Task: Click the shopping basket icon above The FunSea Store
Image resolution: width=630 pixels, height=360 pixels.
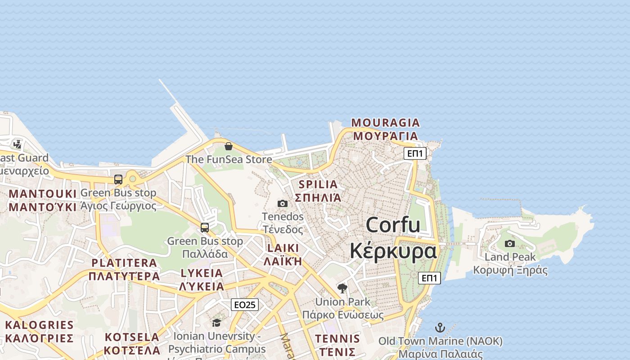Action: coord(228,146)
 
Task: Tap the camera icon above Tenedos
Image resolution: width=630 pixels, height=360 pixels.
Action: coord(283,203)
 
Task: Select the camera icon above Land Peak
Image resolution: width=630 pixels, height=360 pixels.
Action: coord(510,243)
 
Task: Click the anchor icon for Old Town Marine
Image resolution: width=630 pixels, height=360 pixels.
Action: coord(440,328)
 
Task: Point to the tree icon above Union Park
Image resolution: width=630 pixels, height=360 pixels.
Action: coord(342,288)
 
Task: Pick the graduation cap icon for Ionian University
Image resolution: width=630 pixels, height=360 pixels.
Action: coord(216,323)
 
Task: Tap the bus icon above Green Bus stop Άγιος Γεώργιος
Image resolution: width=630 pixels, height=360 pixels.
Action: coord(118,180)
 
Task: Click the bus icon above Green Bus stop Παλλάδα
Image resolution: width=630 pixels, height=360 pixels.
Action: coord(205,228)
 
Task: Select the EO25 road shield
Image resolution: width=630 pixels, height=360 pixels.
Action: coord(245,305)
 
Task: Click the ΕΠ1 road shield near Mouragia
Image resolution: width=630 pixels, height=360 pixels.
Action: coord(415,153)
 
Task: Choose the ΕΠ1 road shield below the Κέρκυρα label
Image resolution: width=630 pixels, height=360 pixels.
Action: coord(429,278)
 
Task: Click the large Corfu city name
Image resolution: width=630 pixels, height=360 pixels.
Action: coord(393,225)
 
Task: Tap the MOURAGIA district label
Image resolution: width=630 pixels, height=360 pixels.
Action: coord(385,122)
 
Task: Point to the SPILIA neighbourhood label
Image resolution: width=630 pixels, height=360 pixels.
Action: coord(318,184)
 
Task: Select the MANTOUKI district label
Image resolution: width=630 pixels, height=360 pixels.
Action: coord(43,194)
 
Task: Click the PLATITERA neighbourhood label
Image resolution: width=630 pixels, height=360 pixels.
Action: coord(124,263)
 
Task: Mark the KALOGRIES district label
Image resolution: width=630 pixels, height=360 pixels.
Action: coord(39,325)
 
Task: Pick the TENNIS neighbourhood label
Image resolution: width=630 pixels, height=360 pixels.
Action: coord(337,339)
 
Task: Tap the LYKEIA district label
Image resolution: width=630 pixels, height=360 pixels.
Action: coord(202,273)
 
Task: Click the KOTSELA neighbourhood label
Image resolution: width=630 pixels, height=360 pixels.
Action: coord(132,337)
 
